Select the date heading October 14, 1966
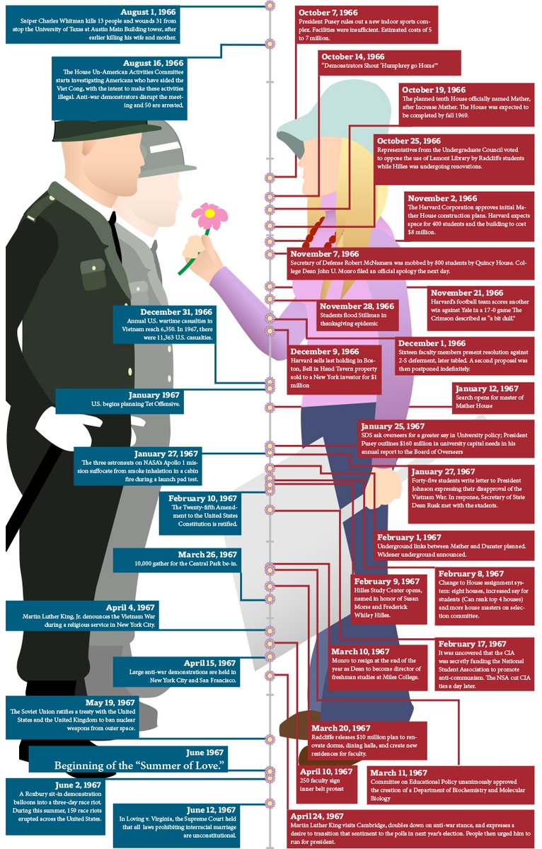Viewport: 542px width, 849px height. coord(352,57)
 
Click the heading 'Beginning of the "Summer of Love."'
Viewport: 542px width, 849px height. coord(139,766)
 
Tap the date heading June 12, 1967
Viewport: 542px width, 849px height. coord(212,809)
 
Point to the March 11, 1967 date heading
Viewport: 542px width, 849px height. coord(398,773)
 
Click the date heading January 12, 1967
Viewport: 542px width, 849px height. coord(487,389)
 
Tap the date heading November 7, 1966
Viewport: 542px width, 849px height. coord(324,254)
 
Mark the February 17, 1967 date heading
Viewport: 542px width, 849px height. coord(472,644)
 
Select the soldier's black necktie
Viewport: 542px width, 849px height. coord(115,233)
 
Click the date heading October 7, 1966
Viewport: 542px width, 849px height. coord(328,12)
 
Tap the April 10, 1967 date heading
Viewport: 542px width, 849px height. coord(325,771)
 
